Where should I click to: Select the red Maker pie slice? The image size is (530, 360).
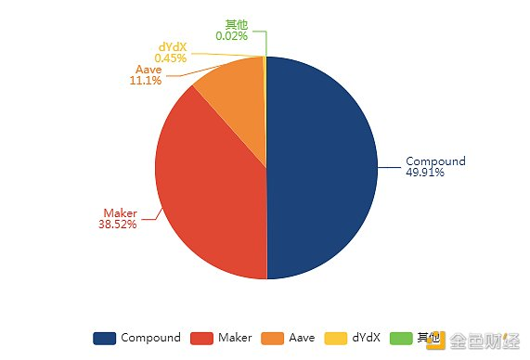coord(209,186)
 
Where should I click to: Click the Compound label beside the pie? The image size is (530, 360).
coord(435,161)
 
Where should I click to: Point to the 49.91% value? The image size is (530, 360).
coord(424,172)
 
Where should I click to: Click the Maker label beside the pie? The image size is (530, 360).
coord(120,212)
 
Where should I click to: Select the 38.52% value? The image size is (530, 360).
coord(117,224)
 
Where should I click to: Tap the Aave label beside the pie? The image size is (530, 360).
coord(149,70)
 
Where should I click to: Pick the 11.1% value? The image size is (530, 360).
coord(146,81)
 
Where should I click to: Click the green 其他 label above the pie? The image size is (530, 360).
coord(237,24)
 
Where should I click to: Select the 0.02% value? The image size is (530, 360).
coord(231,35)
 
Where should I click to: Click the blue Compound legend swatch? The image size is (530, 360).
coord(104,338)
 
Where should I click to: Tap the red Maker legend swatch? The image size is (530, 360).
coord(201,338)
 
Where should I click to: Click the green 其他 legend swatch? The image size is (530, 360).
coord(402,338)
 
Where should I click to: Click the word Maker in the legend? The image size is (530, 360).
coord(235,338)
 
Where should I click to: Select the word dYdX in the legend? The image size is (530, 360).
coord(367,338)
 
